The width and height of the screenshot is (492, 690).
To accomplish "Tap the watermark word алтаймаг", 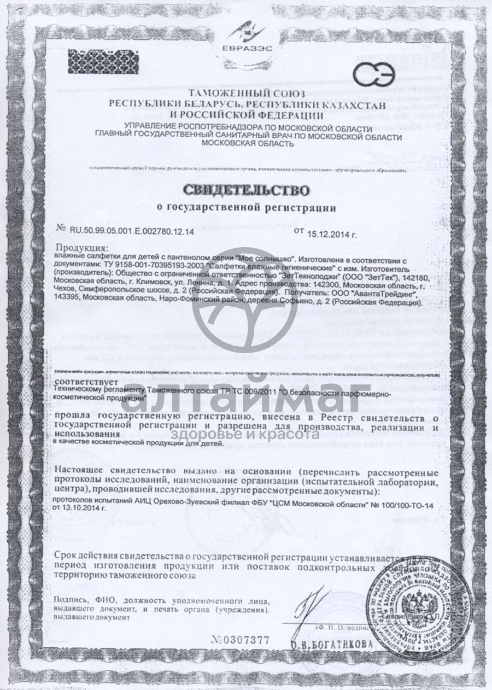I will tap(246, 399).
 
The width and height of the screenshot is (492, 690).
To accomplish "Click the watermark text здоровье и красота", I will tap(245, 435).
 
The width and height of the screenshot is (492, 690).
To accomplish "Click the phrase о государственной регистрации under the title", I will tap(247, 208).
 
